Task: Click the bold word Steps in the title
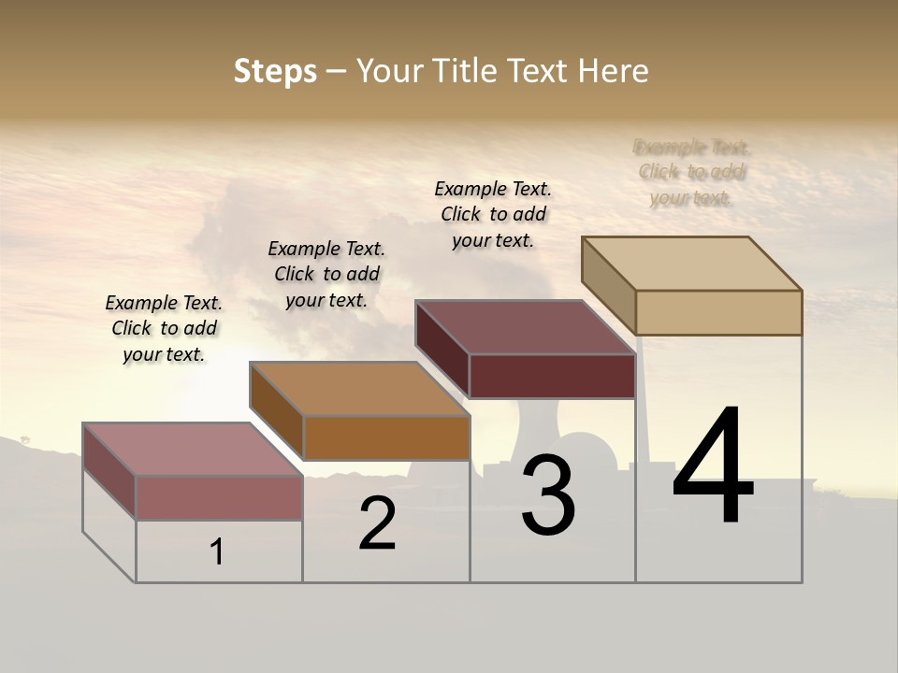click(x=275, y=71)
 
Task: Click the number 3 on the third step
click(x=548, y=495)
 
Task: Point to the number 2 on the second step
click(x=378, y=523)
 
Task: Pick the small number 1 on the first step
click(x=217, y=552)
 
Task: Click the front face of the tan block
click(x=718, y=312)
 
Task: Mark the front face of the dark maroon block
click(x=552, y=376)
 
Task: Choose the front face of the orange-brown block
click(x=386, y=437)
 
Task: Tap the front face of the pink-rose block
click(x=219, y=497)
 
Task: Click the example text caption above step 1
click(x=164, y=328)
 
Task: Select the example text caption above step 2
click(x=326, y=274)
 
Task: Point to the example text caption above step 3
click(x=493, y=214)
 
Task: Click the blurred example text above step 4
click(x=691, y=172)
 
